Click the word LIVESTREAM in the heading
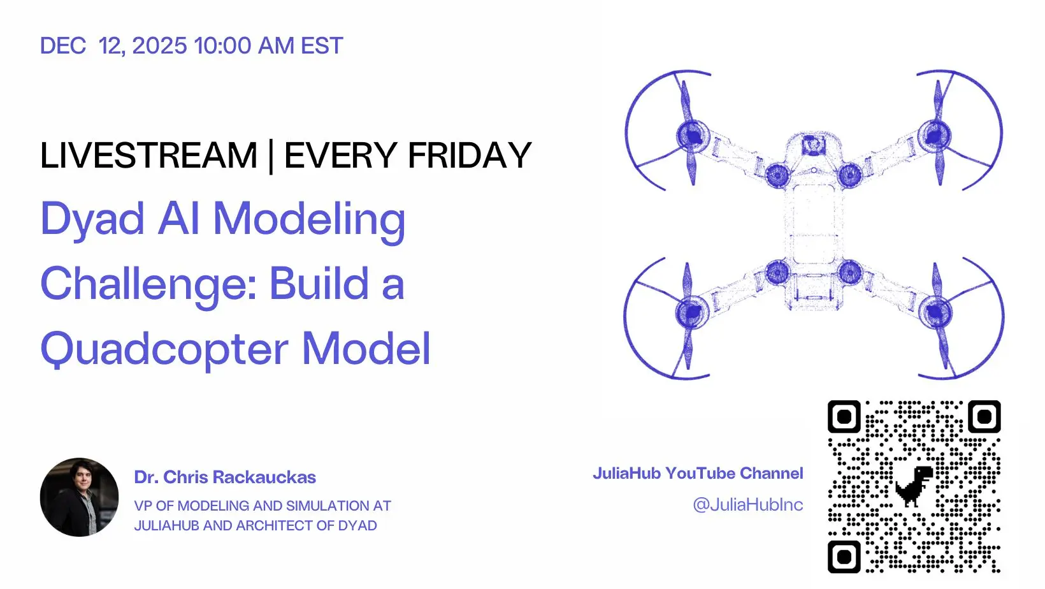pos(148,156)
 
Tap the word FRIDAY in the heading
pos(470,156)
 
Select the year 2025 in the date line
pos(159,46)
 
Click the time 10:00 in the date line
pos(222,46)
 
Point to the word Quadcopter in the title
pos(164,349)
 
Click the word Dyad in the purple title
pos(92,219)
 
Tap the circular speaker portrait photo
pos(79,497)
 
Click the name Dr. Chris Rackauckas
pos(225,477)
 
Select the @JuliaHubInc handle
pos(748,504)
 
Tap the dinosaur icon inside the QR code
pos(914,486)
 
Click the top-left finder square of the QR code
pos(844,416)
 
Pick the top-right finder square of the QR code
pos(984,416)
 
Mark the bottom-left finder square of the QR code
pos(844,556)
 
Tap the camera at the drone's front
pos(814,145)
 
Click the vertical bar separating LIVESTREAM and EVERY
pos(271,156)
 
